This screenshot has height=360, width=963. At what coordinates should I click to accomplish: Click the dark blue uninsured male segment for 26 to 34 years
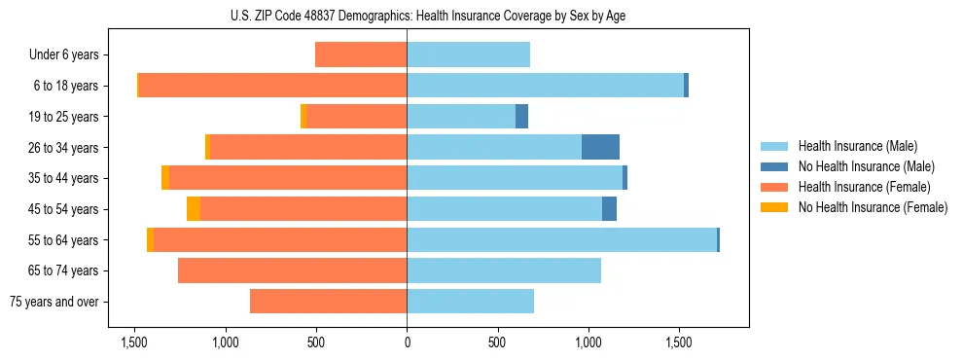pos(600,147)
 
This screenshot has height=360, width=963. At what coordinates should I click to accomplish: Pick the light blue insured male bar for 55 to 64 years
pos(561,239)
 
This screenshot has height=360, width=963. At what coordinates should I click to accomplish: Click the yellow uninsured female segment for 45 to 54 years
pos(194,209)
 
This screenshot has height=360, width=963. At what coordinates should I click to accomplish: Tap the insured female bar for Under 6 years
pos(361,54)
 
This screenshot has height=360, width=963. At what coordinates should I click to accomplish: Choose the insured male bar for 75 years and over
pos(470,302)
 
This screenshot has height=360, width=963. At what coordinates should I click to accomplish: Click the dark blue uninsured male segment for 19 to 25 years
pos(521,117)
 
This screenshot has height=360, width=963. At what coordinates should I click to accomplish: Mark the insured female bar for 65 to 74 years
pos(292,270)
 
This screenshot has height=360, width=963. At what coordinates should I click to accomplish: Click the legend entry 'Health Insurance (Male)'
pos(857,146)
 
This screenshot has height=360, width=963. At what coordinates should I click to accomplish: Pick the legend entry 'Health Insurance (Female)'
pos(862,187)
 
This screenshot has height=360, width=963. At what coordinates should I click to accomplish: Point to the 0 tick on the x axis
pos(407,342)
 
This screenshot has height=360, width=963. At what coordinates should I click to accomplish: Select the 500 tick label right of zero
pos(497,342)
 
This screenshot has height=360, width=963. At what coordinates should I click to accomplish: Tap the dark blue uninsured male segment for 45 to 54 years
pos(609,209)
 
